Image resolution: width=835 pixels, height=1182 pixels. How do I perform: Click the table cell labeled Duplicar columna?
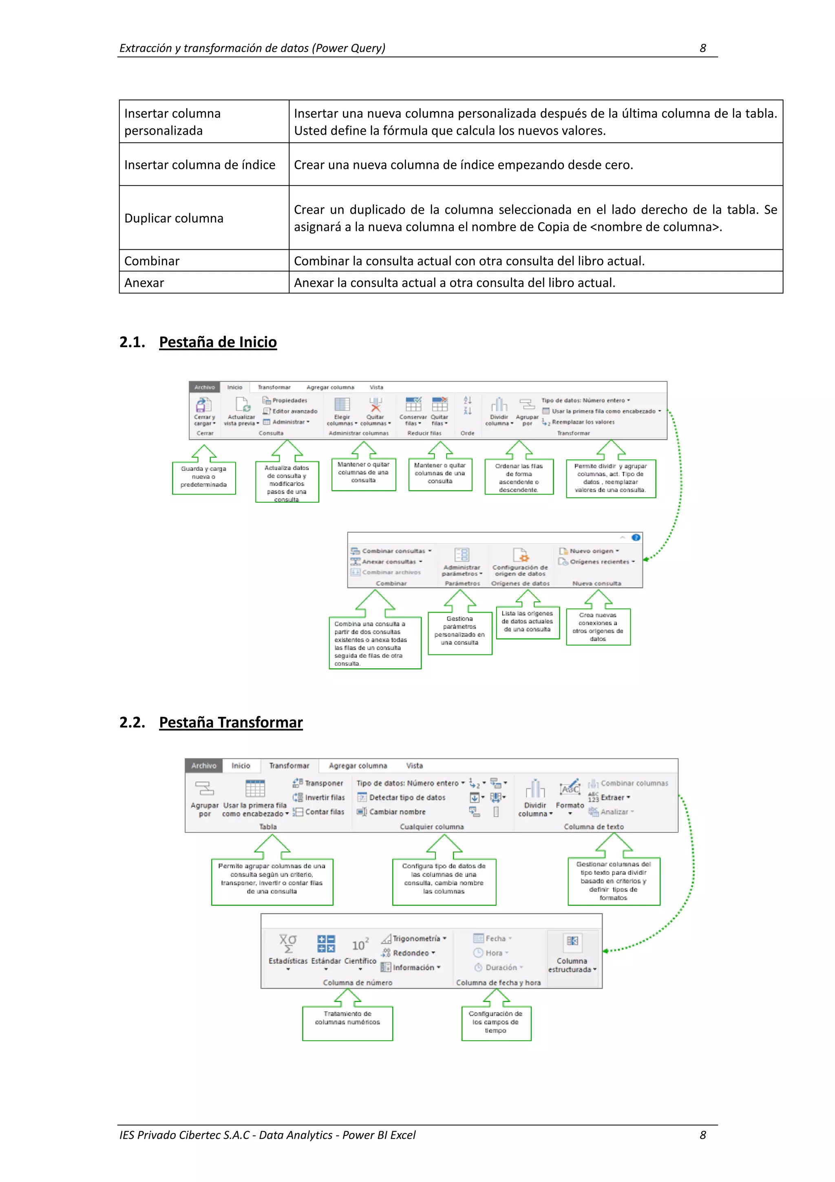(x=174, y=218)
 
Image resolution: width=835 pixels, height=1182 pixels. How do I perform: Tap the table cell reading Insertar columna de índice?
(x=200, y=165)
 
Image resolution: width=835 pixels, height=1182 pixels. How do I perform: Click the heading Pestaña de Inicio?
(x=218, y=342)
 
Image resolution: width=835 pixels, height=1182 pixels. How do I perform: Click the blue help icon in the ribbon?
(x=636, y=537)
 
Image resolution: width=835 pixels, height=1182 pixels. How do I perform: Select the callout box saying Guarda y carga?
(x=204, y=477)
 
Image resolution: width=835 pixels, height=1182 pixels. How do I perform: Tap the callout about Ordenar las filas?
(x=519, y=477)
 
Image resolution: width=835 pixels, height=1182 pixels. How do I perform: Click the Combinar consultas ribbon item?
(x=393, y=551)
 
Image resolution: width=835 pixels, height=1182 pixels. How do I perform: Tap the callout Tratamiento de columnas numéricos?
(x=347, y=1022)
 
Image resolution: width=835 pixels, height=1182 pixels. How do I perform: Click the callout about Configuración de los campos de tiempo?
(x=495, y=1022)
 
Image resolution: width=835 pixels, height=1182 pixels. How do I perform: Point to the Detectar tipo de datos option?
(x=407, y=797)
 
